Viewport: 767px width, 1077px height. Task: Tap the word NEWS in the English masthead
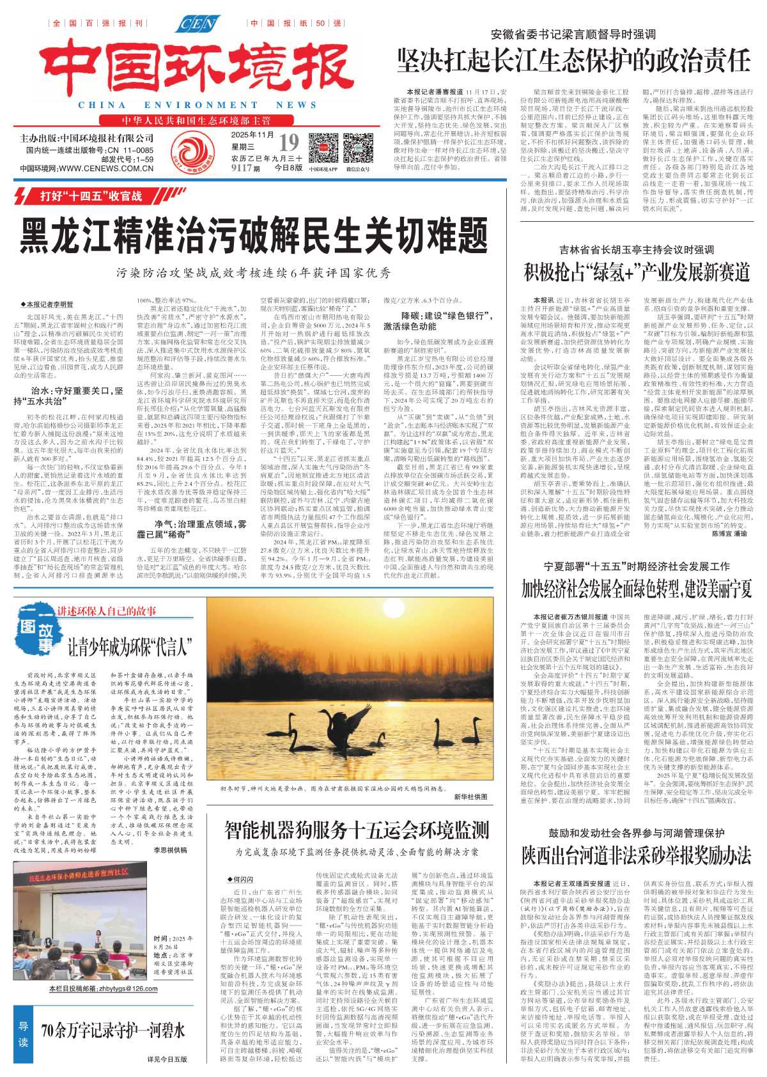point(296,105)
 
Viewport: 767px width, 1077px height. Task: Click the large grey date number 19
point(289,143)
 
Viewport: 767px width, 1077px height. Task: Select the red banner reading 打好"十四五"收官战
point(91,196)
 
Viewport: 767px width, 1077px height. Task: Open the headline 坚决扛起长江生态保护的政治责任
point(573,61)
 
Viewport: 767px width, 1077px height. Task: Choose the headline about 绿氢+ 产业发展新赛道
point(636,272)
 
